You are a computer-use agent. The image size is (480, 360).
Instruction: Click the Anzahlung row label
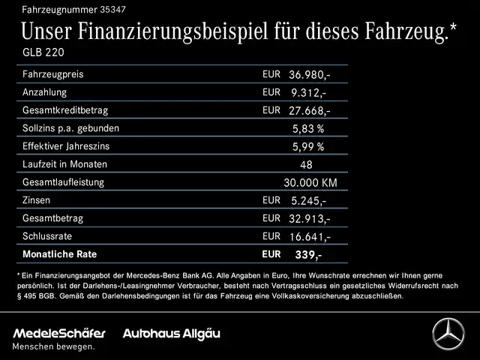pos(44,92)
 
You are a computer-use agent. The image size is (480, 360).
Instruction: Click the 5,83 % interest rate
pos(307,128)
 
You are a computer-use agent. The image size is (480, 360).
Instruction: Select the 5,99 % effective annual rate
pos(307,146)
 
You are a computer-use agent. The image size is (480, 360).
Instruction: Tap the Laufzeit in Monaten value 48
pos(306,164)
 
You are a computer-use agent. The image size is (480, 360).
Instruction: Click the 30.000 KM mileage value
pos(310,182)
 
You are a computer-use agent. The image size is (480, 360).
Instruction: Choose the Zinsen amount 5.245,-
pos(309,200)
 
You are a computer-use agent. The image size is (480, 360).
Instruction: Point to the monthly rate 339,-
pos(308,255)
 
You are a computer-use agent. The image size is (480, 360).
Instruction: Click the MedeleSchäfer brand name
pos(58,332)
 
